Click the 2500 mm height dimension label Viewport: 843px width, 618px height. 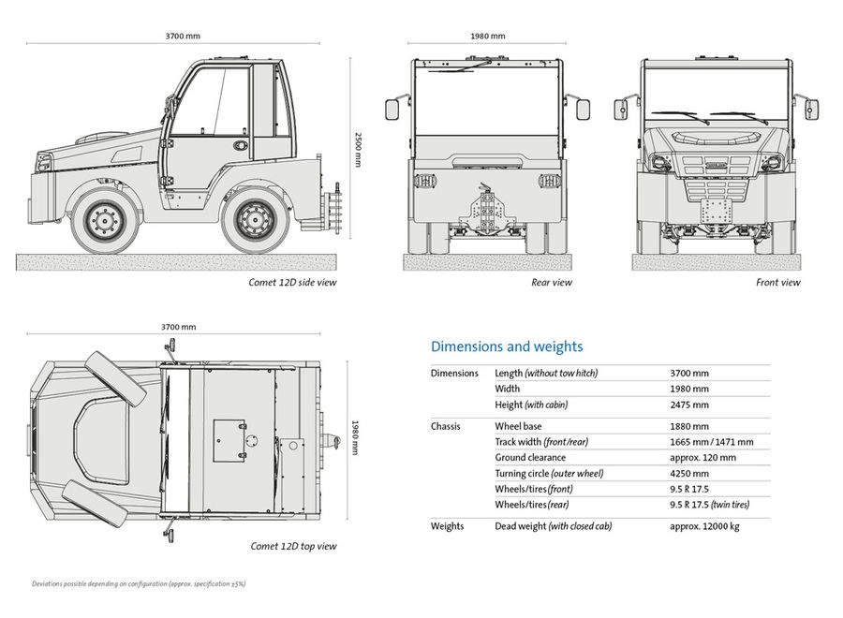click(x=358, y=149)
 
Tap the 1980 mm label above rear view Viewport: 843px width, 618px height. click(x=488, y=36)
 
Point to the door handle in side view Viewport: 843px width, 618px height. click(x=241, y=145)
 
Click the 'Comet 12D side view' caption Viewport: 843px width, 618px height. click(x=292, y=282)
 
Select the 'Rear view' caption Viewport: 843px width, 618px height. click(x=552, y=282)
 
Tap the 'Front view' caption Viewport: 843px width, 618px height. click(x=778, y=282)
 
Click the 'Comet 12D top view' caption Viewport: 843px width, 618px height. click(x=293, y=546)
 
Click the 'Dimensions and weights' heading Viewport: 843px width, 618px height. click(x=507, y=346)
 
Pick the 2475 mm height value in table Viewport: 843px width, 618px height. click(x=689, y=405)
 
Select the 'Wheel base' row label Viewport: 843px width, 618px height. click(x=518, y=426)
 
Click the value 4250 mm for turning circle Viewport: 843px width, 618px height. click(x=689, y=474)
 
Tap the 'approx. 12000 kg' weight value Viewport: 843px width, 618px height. click(x=704, y=526)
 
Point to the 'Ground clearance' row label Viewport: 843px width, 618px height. click(x=530, y=457)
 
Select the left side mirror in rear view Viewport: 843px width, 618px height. click(x=392, y=110)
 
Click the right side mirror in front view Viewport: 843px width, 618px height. click(x=811, y=110)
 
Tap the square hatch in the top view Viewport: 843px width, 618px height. click(x=229, y=441)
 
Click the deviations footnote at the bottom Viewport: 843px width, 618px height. click(x=139, y=583)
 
